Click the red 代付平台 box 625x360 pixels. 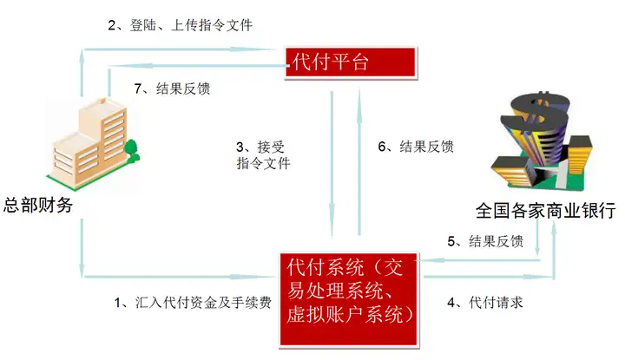(x=351, y=62)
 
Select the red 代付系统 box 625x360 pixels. (x=349, y=299)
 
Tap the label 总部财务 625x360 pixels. (x=38, y=205)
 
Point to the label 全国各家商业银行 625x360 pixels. (x=546, y=210)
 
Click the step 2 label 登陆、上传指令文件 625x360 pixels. (x=181, y=25)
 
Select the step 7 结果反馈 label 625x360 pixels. (x=172, y=88)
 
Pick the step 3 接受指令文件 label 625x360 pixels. (x=263, y=155)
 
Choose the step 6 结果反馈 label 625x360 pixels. (x=416, y=147)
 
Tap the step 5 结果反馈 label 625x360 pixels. (x=485, y=241)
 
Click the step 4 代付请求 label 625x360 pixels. (x=484, y=303)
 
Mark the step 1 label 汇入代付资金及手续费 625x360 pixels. (x=193, y=303)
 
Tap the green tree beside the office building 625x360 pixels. (x=132, y=151)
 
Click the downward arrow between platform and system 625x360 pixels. (x=332, y=164)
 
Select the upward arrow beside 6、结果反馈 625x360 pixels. (x=359, y=162)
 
